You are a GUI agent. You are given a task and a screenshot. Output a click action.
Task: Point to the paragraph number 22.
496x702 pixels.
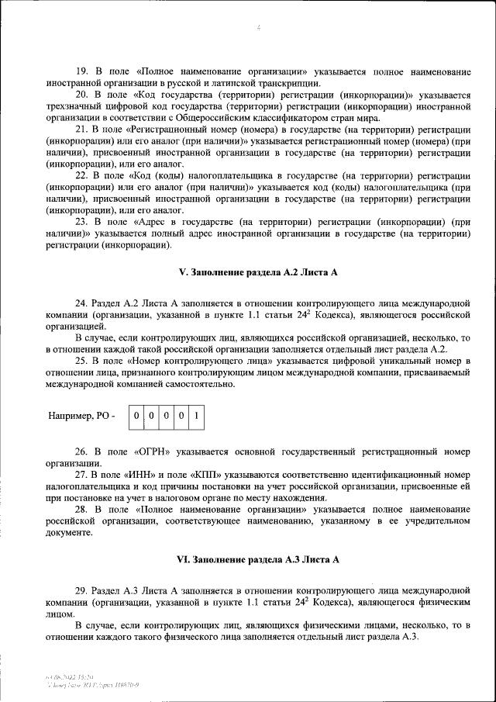[x=81, y=176]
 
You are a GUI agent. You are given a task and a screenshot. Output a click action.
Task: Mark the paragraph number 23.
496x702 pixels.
[x=81, y=222]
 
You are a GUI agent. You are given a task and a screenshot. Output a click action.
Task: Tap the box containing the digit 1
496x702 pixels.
[x=196, y=416]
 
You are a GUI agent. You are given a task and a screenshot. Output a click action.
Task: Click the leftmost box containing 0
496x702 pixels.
[x=136, y=416]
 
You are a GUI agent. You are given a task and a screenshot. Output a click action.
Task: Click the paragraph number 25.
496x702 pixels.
[x=81, y=361]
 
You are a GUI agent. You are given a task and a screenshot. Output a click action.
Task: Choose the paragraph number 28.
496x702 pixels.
[x=81, y=509]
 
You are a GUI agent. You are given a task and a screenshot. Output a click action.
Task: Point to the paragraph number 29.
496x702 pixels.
[x=81, y=590]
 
